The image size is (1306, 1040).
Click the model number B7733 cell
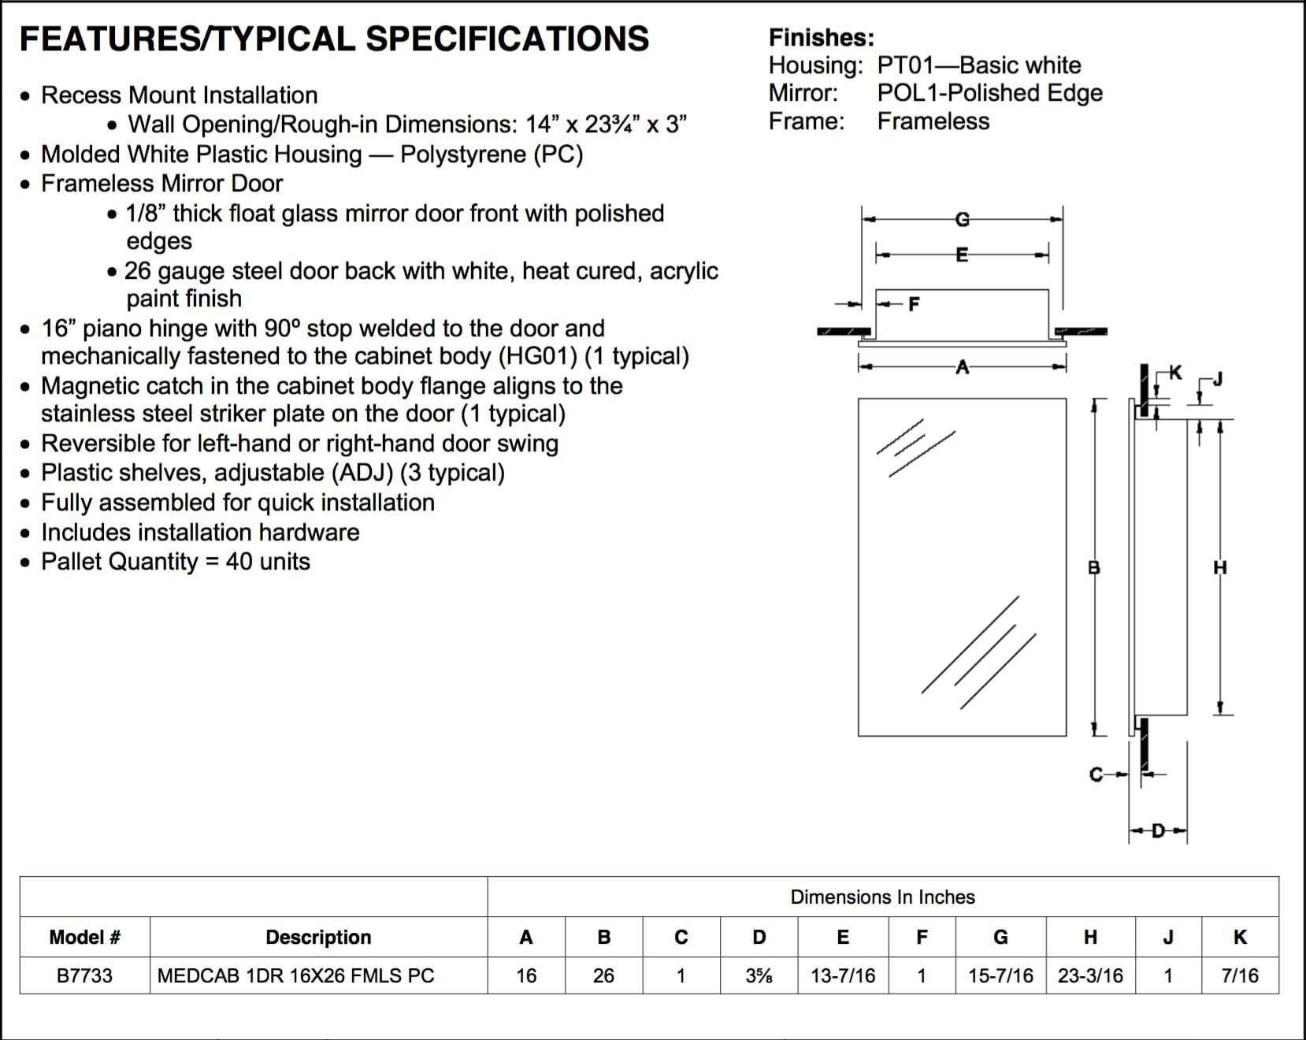[84, 975]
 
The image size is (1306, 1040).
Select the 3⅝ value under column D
[759, 975]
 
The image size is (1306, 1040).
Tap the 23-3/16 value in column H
[1090, 975]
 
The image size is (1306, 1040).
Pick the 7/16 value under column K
[1240, 975]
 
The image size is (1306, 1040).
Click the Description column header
[318, 937]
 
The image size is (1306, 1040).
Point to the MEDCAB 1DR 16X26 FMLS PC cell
[295, 975]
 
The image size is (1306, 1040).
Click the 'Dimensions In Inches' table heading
[882, 897]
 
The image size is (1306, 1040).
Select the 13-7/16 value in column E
[843, 975]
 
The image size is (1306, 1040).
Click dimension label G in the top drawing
[962, 219]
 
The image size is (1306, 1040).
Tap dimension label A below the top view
[962, 366]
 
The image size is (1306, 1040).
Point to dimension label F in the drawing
[914, 303]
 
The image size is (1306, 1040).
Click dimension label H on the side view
[1220, 567]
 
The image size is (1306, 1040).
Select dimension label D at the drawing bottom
[1158, 831]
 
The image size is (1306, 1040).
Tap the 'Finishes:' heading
[821, 37]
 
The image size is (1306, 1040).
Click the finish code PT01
[905, 65]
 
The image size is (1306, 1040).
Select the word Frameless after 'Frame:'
[933, 121]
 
